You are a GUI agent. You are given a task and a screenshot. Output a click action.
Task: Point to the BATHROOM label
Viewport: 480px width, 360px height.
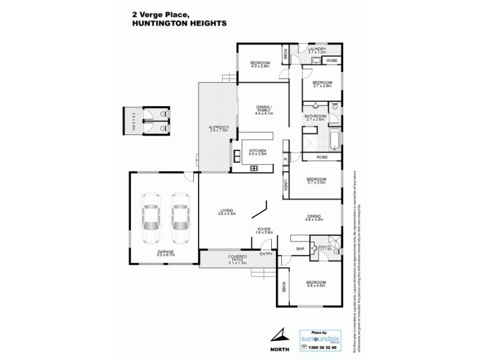(316, 118)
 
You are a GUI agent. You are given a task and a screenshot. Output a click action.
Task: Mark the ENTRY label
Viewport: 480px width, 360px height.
(265, 254)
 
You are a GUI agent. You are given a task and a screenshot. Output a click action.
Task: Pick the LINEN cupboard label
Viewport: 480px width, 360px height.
(286, 186)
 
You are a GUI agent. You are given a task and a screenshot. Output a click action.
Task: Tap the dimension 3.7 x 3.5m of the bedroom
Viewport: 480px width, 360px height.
(316, 182)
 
